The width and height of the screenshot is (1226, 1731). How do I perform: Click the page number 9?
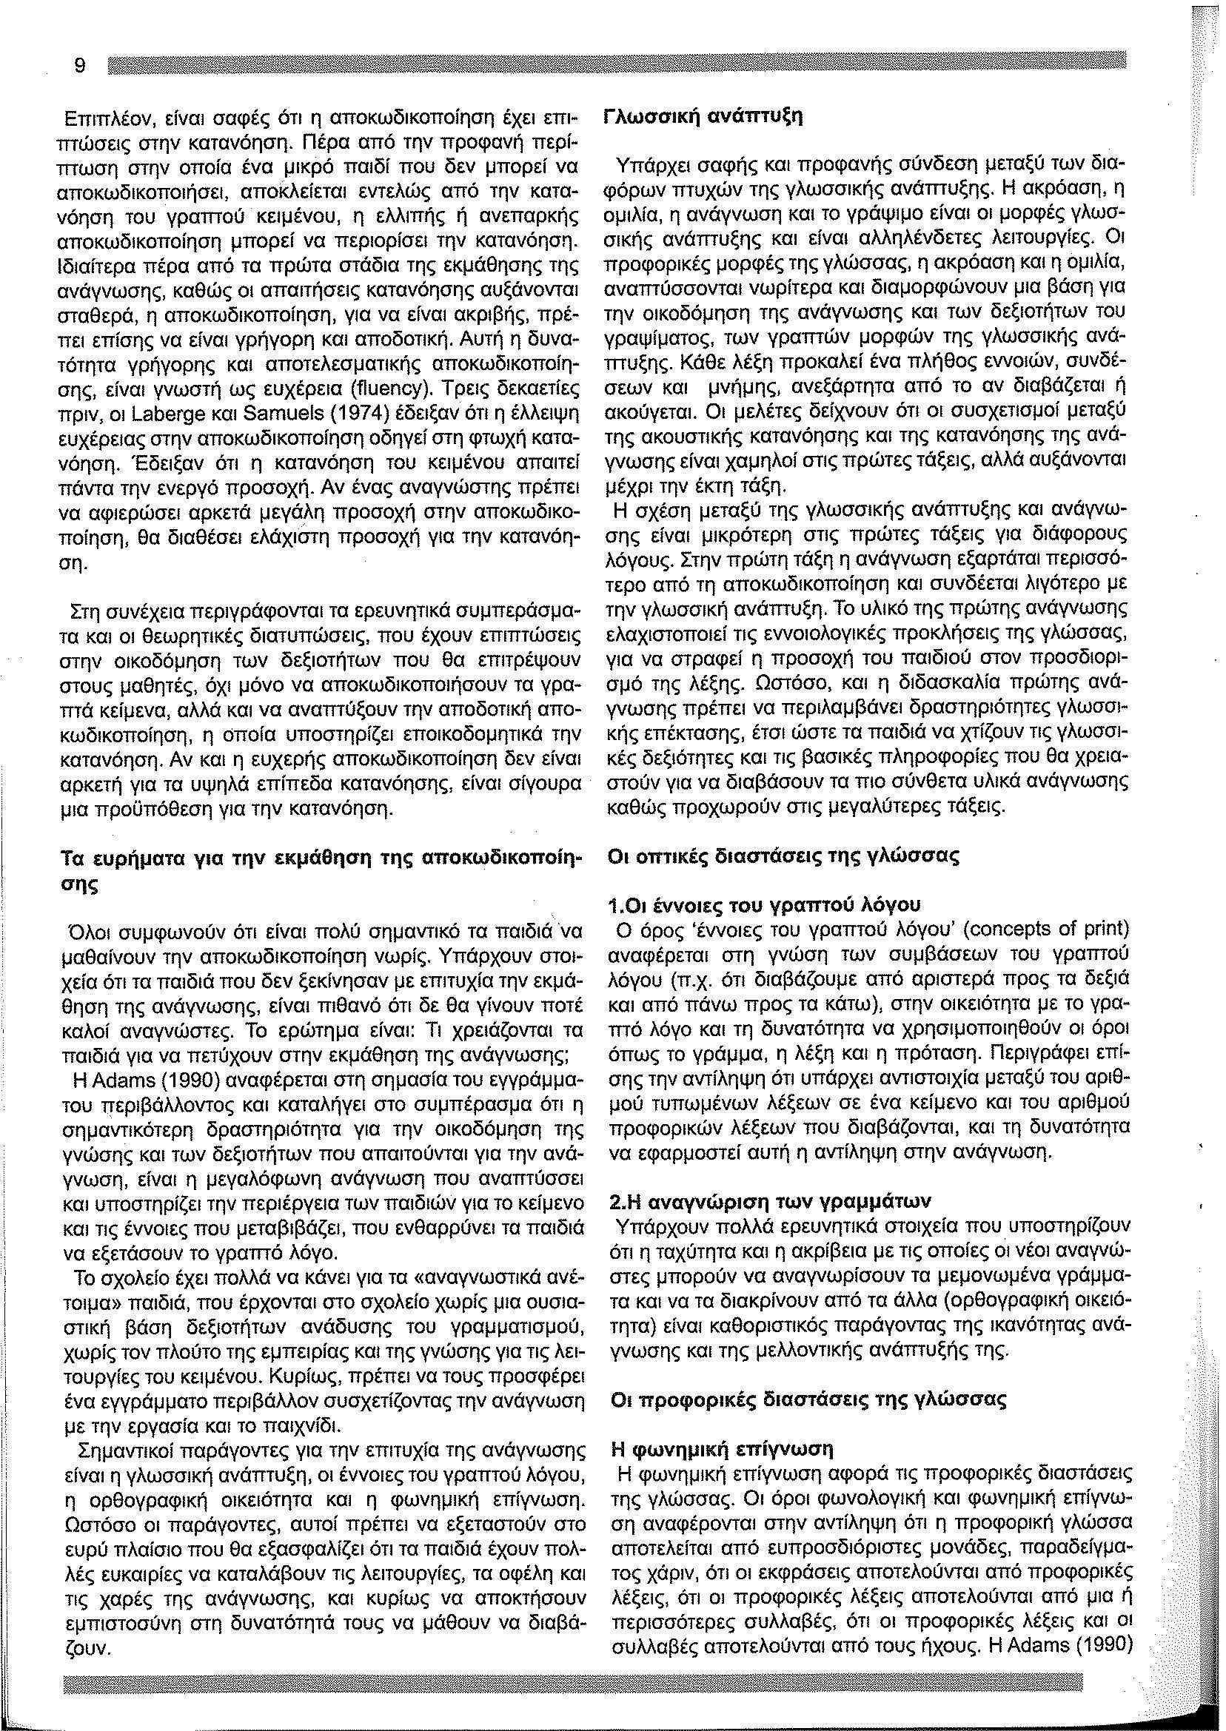(79, 66)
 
